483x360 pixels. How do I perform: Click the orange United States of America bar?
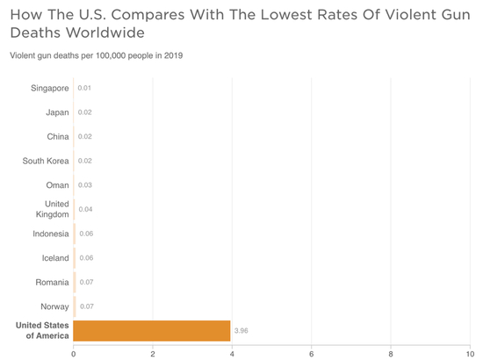[x=152, y=330]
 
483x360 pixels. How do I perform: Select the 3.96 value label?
[x=244, y=331]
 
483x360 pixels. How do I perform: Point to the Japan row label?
[x=57, y=112]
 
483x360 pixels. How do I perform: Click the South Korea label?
[x=46, y=161]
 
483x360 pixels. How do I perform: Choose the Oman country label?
[x=57, y=185]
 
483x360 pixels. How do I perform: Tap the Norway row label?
[x=54, y=306]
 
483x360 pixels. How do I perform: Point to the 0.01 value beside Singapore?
[x=84, y=88]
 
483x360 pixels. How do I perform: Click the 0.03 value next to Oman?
[x=84, y=185]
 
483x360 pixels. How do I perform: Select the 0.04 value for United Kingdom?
[x=85, y=209]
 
